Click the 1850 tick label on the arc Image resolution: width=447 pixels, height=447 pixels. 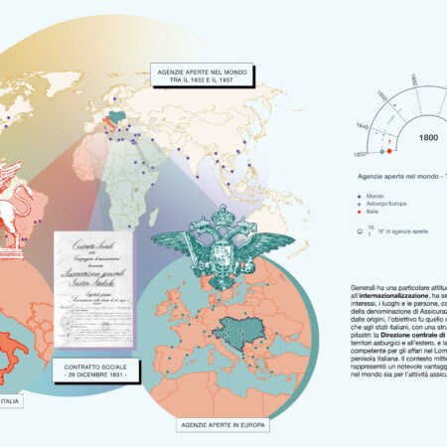[383, 98]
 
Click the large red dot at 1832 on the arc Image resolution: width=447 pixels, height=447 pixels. [389, 152]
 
